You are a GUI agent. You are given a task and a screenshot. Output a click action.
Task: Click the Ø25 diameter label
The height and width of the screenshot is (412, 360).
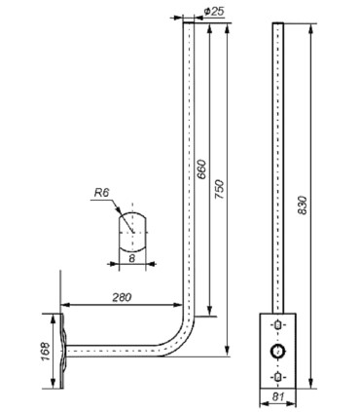pyautogui.click(x=214, y=11)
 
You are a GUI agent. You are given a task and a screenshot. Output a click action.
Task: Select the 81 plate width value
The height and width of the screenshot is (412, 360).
pyautogui.click(x=278, y=397)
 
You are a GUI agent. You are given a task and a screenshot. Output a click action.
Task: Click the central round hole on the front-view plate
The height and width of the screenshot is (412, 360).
pyautogui.click(x=278, y=351)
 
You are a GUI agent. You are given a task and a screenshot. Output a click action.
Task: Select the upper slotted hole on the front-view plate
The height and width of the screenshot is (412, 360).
pyautogui.click(x=278, y=325)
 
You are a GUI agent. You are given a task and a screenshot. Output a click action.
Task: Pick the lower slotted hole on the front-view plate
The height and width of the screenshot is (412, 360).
pyautogui.click(x=278, y=376)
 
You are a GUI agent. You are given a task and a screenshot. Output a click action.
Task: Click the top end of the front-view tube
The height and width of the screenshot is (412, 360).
pyautogui.click(x=278, y=27)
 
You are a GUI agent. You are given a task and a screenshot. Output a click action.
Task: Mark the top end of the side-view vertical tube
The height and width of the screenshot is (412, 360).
pyautogui.click(x=185, y=27)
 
